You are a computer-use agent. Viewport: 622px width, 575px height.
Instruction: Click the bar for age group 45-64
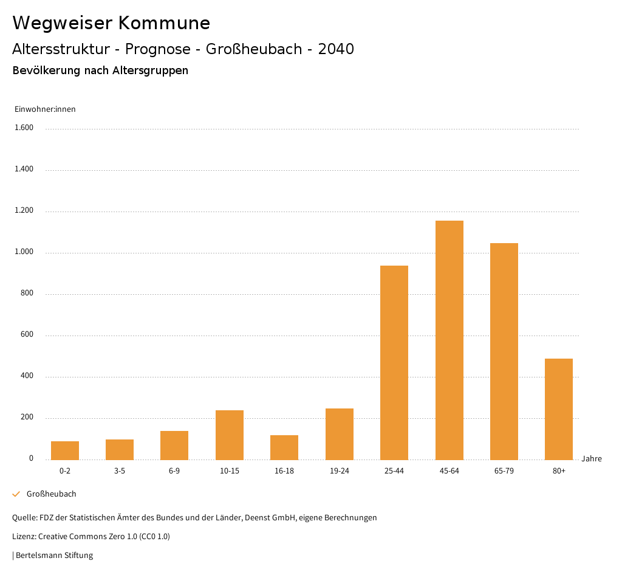click(x=449, y=340)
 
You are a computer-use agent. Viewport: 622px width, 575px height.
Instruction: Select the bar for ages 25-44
click(x=394, y=363)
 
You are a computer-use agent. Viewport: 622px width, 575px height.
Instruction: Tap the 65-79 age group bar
click(x=504, y=351)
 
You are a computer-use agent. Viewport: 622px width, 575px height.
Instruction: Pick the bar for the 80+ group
click(x=559, y=409)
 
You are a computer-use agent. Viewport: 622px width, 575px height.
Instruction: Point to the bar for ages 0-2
click(x=65, y=450)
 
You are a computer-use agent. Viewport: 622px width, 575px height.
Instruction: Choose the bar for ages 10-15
click(x=230, y=435)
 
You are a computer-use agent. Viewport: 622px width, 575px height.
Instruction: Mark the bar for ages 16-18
click(x=284, y=447)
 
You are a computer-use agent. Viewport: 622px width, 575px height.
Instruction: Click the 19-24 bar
click(x=340, y=434)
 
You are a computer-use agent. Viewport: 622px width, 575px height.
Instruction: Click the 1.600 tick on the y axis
click(x=24, y=128)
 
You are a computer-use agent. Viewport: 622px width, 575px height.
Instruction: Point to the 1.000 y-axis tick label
click(x=24, y=252)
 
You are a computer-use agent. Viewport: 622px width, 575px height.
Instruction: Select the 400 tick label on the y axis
click(x=27, y=376)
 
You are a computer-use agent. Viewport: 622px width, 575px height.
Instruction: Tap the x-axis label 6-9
click(x=174, y=471)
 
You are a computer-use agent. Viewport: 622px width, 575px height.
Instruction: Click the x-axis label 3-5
click(x=120, y=471)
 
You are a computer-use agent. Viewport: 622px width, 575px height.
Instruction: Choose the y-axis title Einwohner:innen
click(x=45, y=109)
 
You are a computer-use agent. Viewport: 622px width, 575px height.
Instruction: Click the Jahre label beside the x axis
click(x=592, y=459)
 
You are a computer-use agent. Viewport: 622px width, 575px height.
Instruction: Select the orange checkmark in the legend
click(x=16, y=494)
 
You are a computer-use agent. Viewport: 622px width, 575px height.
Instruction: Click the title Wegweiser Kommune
click(x=111, y=23)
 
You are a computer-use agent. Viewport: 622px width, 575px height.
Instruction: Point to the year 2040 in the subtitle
click(x=336, y=49)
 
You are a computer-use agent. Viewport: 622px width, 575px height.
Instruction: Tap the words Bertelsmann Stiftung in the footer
click(x=54, y=556)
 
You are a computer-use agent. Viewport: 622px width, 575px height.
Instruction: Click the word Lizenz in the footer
click(x=24, y=537)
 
